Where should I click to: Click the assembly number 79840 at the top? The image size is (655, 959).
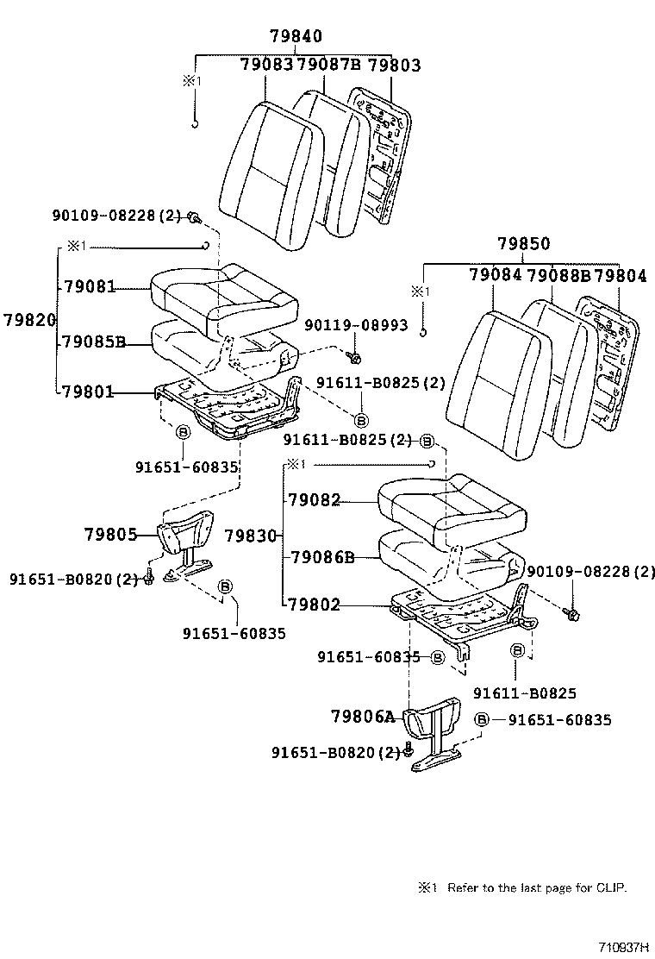point(296,36)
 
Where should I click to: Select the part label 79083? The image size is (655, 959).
point(266,65)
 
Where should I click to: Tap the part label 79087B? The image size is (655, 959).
point(327,65)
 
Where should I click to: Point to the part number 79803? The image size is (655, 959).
point(393,65)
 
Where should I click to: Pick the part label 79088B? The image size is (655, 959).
point(558,276)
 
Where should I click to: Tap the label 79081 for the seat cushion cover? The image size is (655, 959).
point(88,286)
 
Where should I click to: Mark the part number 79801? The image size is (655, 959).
point(88,392)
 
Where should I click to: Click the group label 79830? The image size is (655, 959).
point(251,536)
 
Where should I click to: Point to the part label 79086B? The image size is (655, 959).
point(321,557)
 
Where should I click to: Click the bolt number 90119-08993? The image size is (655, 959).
point(356,324)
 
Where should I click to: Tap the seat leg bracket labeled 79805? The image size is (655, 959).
point(185,539)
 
